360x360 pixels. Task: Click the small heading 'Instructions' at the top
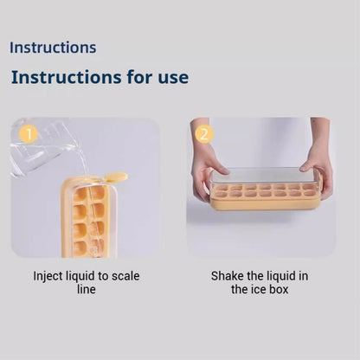click(53, 48)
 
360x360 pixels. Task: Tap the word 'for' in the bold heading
click(139, 77)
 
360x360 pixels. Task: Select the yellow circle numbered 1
click(29, 134)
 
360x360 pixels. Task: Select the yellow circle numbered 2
click(204, 134)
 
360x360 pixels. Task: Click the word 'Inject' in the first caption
click(48, 276)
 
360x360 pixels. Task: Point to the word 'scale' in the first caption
click(125, 276)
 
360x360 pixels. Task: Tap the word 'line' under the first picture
click(87, 289)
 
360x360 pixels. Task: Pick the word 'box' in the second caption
click(279, 289)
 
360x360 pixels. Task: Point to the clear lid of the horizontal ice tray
click(264, 176)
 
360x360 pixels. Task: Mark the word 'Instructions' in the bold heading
click(67, 77)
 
